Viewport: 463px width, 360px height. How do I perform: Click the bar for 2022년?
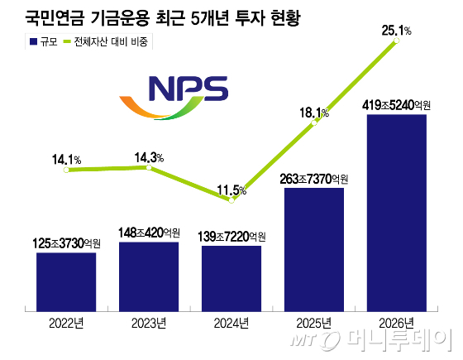point(66,282)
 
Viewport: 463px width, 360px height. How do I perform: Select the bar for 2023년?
point(149,276)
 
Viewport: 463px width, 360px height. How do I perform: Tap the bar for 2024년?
point(231,278)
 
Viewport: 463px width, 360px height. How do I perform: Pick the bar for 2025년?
point(314,249)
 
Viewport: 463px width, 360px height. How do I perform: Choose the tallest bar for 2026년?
point(397,213)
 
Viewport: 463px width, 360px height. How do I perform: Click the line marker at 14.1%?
point(66,170)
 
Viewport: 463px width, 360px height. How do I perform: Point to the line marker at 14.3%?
point(149,167)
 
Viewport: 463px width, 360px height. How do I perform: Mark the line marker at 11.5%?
point(231,200)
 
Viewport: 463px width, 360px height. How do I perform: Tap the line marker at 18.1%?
point(314,123)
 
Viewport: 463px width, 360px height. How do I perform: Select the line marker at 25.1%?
point(397,41)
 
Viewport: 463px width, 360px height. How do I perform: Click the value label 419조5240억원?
point(397,105)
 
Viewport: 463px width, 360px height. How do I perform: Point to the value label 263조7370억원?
point(314,179)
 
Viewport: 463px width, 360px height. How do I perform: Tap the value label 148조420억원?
point(149,233)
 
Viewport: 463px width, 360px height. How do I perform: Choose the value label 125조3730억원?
point(66,243)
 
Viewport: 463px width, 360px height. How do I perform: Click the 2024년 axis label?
point(231,324)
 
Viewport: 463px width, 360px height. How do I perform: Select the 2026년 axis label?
point(396,324)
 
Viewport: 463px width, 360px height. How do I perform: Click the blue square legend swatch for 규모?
point(33,41)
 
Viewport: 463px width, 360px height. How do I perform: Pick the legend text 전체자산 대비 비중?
point(111,41)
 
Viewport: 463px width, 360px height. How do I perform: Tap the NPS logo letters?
point(189,89)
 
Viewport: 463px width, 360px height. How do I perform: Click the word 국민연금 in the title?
point(55,18)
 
